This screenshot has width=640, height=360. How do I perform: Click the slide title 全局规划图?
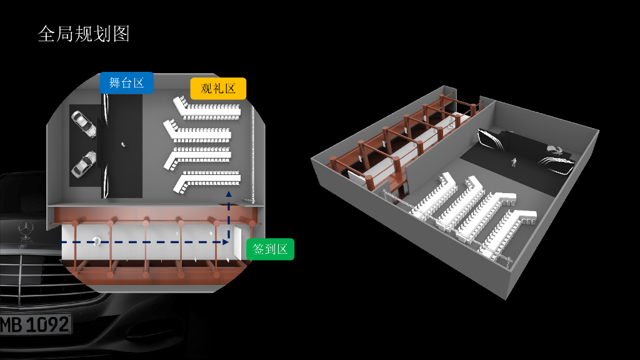click(x=84, y=34)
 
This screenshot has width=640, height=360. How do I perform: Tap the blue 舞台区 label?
click(x=126, y=83)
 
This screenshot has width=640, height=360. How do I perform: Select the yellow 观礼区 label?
click(x=218, y=89)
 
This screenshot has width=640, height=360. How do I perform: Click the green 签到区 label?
click(x=270, y=249)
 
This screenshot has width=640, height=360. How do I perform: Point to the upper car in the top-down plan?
click(x=84, y=124)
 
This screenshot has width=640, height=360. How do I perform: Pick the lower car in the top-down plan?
click(x=84, y=164)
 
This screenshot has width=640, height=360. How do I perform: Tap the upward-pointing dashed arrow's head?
click(x=228, y=196)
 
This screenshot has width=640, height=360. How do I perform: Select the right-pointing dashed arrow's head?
click(x=225, y=241)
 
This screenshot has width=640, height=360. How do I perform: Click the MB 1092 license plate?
click(x=35, y=324)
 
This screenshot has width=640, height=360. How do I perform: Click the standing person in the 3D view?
click(x=514, y=162)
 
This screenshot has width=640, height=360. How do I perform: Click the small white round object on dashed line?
click(x=97, y=241)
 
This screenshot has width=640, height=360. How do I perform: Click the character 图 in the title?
click(x=122, y=34)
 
